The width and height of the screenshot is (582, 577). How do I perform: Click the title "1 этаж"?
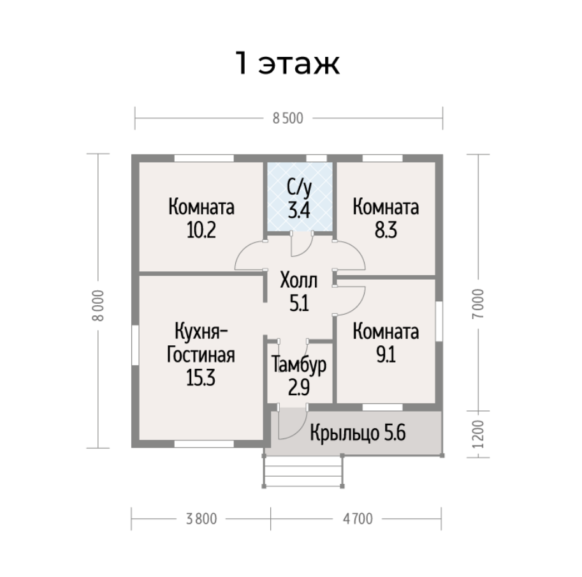tap(287, 63)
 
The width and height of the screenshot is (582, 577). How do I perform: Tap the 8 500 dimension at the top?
tap(288, 119)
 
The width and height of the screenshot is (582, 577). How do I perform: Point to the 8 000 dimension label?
tap(98, 305)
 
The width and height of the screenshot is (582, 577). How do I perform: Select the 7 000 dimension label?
tap(479, 304)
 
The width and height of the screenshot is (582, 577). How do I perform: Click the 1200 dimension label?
tap(479, 434)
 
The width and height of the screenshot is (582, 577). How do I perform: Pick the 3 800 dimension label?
tap(201, 519)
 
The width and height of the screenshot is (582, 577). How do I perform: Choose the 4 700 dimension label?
tap(358, 519)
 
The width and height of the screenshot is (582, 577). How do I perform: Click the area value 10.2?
tap(201, 230)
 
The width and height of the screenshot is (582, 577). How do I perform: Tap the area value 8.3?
tap(386, 230)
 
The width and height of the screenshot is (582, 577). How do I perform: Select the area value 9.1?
tap(386, 355)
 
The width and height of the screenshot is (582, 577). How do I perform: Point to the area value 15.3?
tap(201, 378)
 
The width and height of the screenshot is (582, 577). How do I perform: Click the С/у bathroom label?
tap(299, 188)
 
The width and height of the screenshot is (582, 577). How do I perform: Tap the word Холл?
tap(299, 280)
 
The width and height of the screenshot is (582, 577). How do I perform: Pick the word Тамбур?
tap(299, 364)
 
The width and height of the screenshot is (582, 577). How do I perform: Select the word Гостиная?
tap(201, 354)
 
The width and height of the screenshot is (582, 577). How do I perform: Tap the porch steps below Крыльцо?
tap(303, 471)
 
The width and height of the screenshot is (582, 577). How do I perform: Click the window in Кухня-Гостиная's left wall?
tap(135, 345)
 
